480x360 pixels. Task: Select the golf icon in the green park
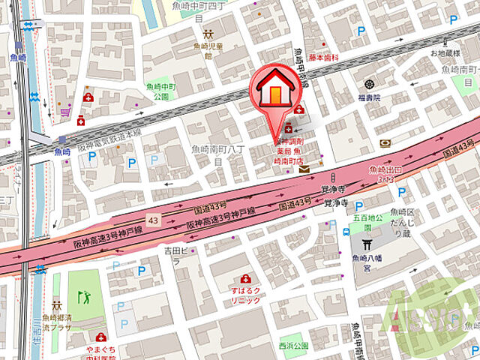(84, 297)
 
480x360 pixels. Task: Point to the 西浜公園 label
(293, 346)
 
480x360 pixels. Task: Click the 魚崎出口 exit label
(382, 175)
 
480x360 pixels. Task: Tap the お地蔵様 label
(444, 54)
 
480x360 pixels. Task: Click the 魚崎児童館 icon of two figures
(208, 34)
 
